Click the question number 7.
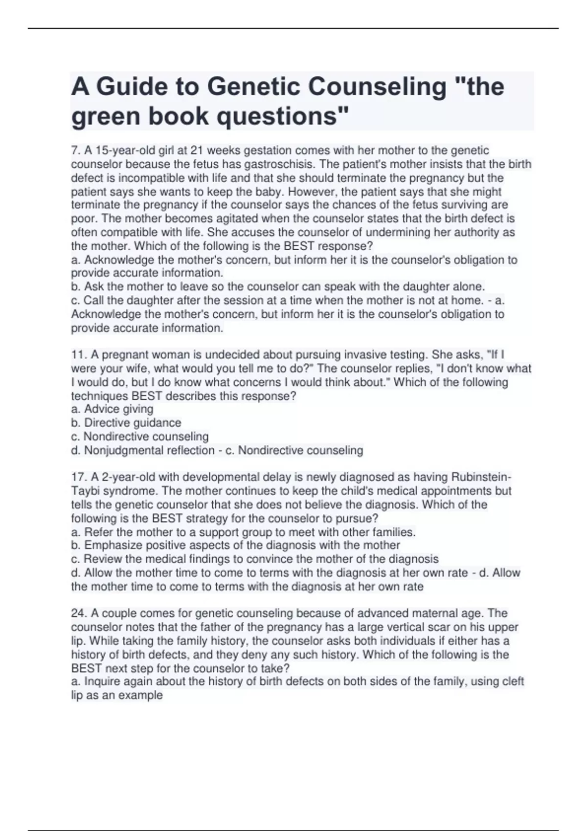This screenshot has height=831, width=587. (75, 151)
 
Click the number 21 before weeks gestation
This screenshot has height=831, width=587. (196, 151)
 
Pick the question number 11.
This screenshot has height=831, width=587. (78, 355)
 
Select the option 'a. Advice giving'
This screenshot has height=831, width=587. (112, 409)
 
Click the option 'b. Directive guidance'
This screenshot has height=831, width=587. (126, 423)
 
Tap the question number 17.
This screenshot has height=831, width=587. (78, 477)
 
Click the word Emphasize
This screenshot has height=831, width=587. (113, 546)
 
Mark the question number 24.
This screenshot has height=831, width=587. (79, 613)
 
